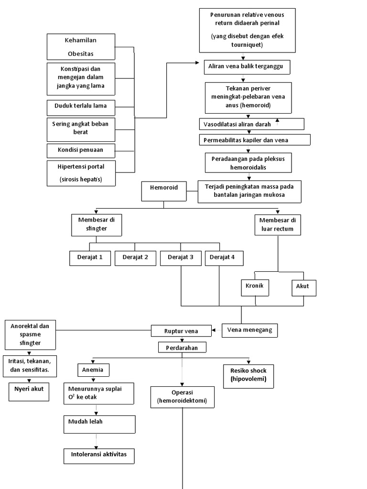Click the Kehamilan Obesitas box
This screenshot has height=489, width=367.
[81, 46]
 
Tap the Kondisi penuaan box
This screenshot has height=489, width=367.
[81, 150]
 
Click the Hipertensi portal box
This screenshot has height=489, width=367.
[81, 173]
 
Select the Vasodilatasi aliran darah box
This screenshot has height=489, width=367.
[251, 124]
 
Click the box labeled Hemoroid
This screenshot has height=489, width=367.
[164, 191]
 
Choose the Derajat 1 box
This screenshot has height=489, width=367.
[90, 257]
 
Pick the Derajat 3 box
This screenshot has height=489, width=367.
[181, 257]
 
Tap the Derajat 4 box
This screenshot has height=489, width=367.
[224, 257]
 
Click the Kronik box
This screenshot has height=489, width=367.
[255, 287]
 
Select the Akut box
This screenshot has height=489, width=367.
[303, 287]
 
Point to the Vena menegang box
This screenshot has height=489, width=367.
[250, 330]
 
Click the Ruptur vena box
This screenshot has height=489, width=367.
[181, 330]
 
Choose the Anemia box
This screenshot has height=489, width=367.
[93, 369]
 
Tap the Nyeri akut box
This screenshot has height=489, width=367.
[29, 390]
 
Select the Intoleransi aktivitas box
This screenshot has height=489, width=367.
[99, 455]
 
